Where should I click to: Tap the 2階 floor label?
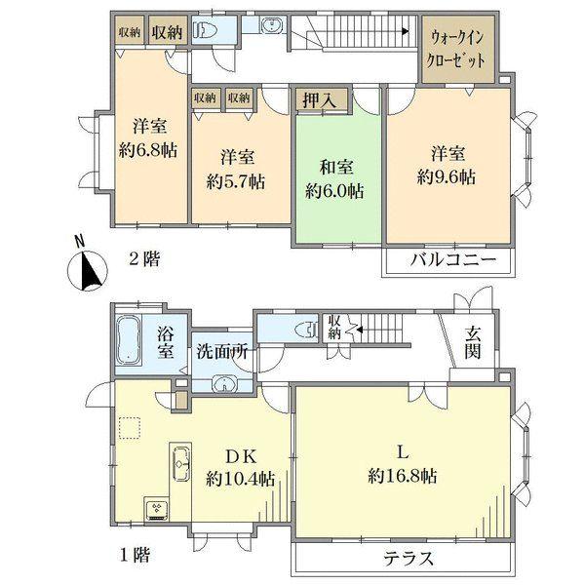[144, 259]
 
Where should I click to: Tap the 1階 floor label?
[135, 557]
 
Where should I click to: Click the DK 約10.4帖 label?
[240, 466]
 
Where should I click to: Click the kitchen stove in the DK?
[156, 508]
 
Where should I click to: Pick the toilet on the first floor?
[308, 329]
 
